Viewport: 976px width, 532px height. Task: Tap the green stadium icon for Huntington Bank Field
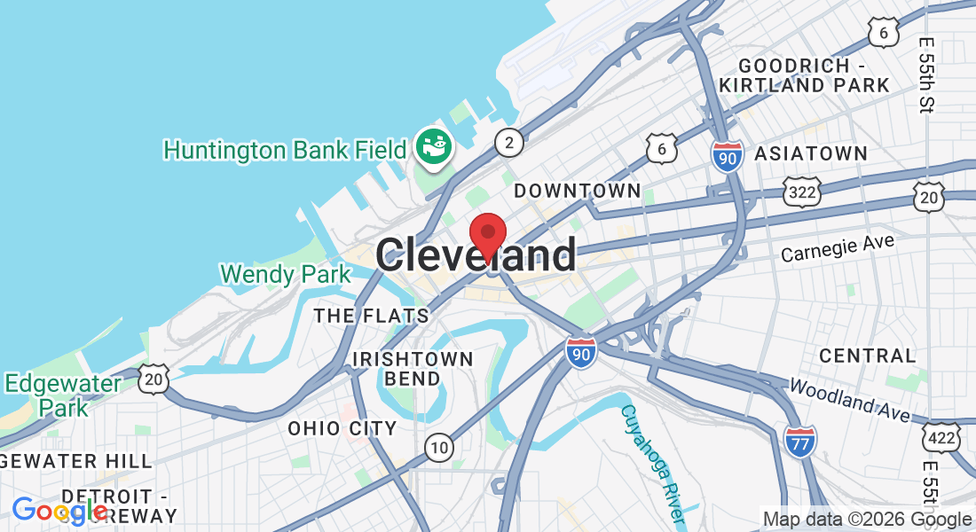click(x=435, y=145)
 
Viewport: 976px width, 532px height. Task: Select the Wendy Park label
click(x=286, y=274)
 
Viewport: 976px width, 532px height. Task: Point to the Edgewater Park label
click(x=63, y=395)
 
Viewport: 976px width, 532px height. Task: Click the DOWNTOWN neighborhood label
click(x=578, y=191)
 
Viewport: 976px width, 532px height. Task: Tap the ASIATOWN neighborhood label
click(x=811, y=153)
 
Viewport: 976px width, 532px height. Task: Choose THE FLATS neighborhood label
click(x=371, y=316)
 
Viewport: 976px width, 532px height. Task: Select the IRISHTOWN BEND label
click(x=413, y=369)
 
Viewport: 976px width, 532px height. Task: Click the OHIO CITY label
click(x=342, y=428)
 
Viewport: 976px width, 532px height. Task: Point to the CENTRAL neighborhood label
click(x=867, y=356)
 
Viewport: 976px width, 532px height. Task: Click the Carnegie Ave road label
click(x=838, y=248)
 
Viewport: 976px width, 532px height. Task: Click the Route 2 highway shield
click(x=508, y=142)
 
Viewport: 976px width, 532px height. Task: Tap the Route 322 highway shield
click(x=800, y=191)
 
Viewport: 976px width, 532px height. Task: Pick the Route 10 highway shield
click(x=438, y=448)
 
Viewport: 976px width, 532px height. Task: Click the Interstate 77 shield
click(x=799, y=441)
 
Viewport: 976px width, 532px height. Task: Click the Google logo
click(x=58, y=511)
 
